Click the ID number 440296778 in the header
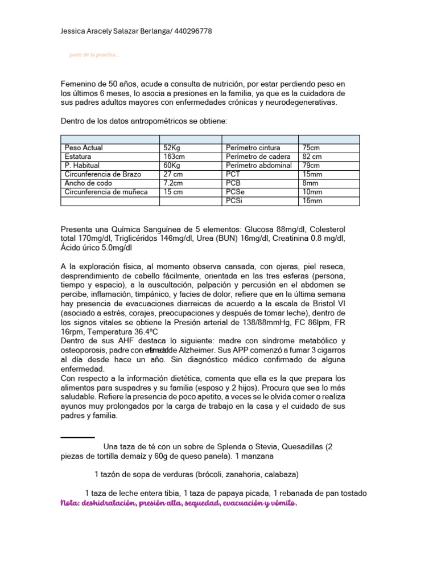189,31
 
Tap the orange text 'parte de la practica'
94,55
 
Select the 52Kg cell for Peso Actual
172,147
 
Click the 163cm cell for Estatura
174,157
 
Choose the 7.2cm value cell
173,183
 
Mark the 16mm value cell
312,201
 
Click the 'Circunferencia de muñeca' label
106,192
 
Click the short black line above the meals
77,437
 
